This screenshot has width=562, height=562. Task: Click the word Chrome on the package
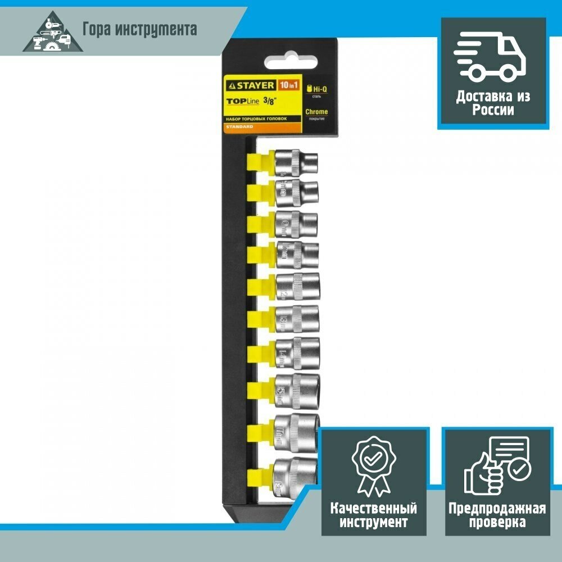point(316,112)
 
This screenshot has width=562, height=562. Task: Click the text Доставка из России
point(493,103)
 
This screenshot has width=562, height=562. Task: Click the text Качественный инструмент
point(374,515)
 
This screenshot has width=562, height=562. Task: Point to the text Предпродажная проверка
point(496,515)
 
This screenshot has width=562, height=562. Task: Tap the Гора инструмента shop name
point(139,29)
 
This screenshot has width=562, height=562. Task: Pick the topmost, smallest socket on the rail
point(296,162)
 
